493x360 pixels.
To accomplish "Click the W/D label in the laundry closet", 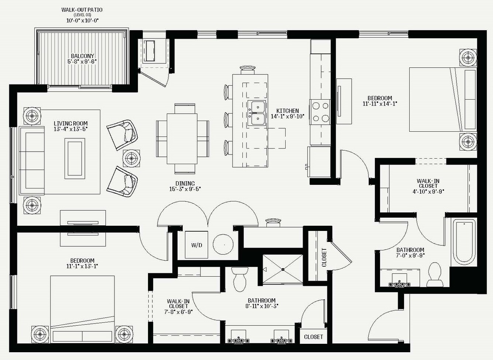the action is pyautogui.click(x=197, y=245).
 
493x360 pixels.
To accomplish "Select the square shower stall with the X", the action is pyautogui.click(x=283, y=269).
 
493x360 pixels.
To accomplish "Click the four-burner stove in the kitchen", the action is pyautogui.click(x=320, y=112).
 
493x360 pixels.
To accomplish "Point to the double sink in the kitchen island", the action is pyautogui.click(x=256, y=113).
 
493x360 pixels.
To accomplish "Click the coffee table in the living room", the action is pyautogui.click(x=75, y=159).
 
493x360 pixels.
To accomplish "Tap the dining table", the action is pyautogui.click(x=182, y=139).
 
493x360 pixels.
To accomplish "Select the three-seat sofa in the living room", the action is pyautogui.click(x=32, y=160).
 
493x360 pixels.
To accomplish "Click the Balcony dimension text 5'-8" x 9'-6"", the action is pyautogui.click(x=82, y=61).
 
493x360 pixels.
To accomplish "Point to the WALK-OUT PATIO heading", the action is pyautogui.click(x=82, y=10).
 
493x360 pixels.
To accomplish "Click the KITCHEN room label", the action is pyautogui.click(x=288, y=111).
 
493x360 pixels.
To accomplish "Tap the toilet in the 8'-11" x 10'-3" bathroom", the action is pyautogui.click(x=240, y=279).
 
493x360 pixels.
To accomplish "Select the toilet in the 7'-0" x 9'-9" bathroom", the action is pyautogui.click(x=435, y=275).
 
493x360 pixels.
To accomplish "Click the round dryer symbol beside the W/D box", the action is pyautogui.click(x=223, y=245).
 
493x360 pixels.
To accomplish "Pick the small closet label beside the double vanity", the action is pyautogui.click(x=313, y=337).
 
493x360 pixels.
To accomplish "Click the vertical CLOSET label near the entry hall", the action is pyautogui.click(x=324, y=258).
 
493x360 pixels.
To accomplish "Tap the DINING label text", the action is pyautogui.click(x=185, y=183).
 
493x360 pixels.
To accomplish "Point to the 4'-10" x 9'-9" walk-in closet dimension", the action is pyautogui.click(x=428, y=191).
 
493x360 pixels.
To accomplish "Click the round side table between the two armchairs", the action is pyautogui.click(x=131, y=159).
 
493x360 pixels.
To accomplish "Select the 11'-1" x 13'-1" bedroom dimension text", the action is pyautogui.click(x=82, y=266).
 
